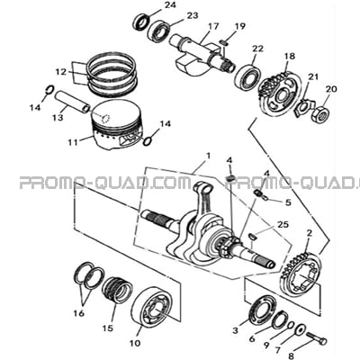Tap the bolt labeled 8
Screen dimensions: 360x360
(x=317, y=337)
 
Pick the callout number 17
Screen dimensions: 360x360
(x=213, y=27)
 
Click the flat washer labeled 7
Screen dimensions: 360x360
(x=300, y=329)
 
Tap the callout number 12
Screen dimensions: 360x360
(x=61, y=72)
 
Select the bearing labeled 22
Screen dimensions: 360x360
(x=248, y=77)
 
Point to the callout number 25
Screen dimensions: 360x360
(x=283, y=224)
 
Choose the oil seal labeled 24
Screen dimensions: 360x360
(x=141, y=22)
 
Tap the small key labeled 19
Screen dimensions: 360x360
(x=224, y=42)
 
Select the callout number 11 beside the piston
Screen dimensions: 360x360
(x=73, y=142)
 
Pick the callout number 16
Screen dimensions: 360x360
(x=79, y=314)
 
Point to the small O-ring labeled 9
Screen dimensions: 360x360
(x=291, y=326)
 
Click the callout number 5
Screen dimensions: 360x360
(x=288, y=202)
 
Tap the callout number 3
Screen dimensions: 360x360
(x=236, y=330)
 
